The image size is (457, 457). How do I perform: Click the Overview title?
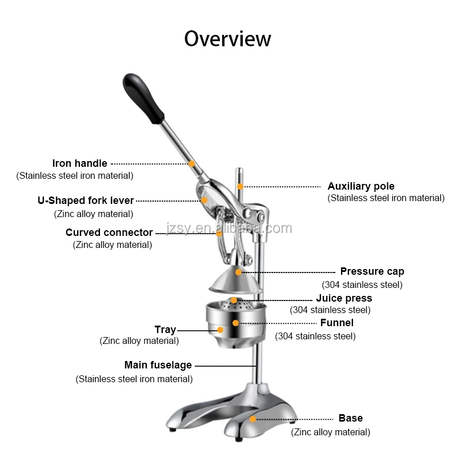(227, 39)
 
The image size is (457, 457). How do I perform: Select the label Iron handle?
(79, 163)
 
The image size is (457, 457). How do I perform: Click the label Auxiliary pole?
(360, 186)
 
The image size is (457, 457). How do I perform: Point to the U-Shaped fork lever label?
(86, 201)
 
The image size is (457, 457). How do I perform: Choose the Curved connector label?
(109, 232)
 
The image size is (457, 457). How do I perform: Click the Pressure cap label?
(372, 271)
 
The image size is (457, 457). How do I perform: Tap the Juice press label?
(344, 298)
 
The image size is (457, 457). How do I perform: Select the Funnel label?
(336, 323)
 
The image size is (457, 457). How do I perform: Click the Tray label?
(165, 330)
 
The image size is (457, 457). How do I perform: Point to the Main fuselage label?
(158, 365)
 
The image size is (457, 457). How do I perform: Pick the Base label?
(350, 419)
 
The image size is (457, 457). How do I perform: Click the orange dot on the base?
(252, 419)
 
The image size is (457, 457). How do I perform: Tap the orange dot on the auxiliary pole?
(240, 186)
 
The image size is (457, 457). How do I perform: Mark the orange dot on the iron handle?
(192, 164)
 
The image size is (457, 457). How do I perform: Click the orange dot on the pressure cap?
(239, 272)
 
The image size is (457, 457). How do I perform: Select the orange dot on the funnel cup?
(235, 323)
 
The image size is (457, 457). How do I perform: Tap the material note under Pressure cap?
(362, 284)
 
